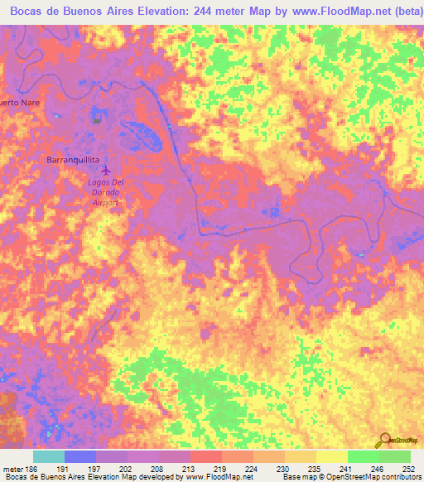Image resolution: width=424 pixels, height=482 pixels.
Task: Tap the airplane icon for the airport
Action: [104, 171]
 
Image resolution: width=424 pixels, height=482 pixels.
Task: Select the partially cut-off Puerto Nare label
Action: [20, 102]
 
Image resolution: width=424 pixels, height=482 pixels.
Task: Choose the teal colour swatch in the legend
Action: [49, 456]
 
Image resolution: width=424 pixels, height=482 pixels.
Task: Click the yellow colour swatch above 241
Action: [332, 456]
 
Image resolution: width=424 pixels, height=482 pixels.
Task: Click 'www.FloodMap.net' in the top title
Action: [327, 12]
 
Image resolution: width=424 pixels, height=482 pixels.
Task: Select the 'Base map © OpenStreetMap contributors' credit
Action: [351, 477]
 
